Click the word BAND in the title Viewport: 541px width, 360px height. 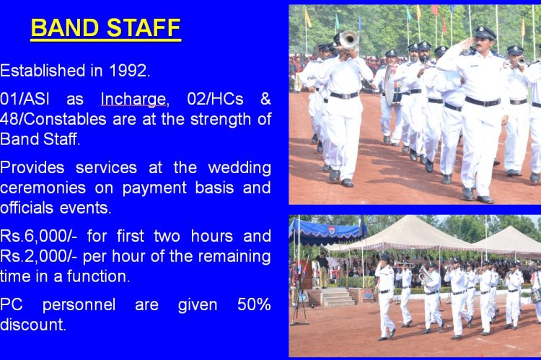pos(65,27)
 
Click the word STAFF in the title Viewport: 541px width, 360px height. pos(144,27)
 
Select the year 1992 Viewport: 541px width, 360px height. pos(129,71)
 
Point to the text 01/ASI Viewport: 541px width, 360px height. pos(24,99)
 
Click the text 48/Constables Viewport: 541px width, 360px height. pos(53,120)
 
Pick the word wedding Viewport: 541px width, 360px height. pos(239,168)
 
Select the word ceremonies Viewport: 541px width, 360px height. pos(43,188)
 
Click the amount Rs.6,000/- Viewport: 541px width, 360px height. pos(39,236)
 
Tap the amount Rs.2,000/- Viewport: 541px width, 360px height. pos(39,256)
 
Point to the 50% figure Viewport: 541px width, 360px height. pos(254,304)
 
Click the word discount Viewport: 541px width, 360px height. pos(32,325)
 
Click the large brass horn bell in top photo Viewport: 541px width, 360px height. pos(348,40)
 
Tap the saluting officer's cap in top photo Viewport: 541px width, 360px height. pos(485,32)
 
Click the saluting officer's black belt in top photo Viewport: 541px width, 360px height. pos(483,102)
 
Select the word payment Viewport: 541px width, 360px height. pos(153,188)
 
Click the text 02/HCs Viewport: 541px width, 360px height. pos(215,99)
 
